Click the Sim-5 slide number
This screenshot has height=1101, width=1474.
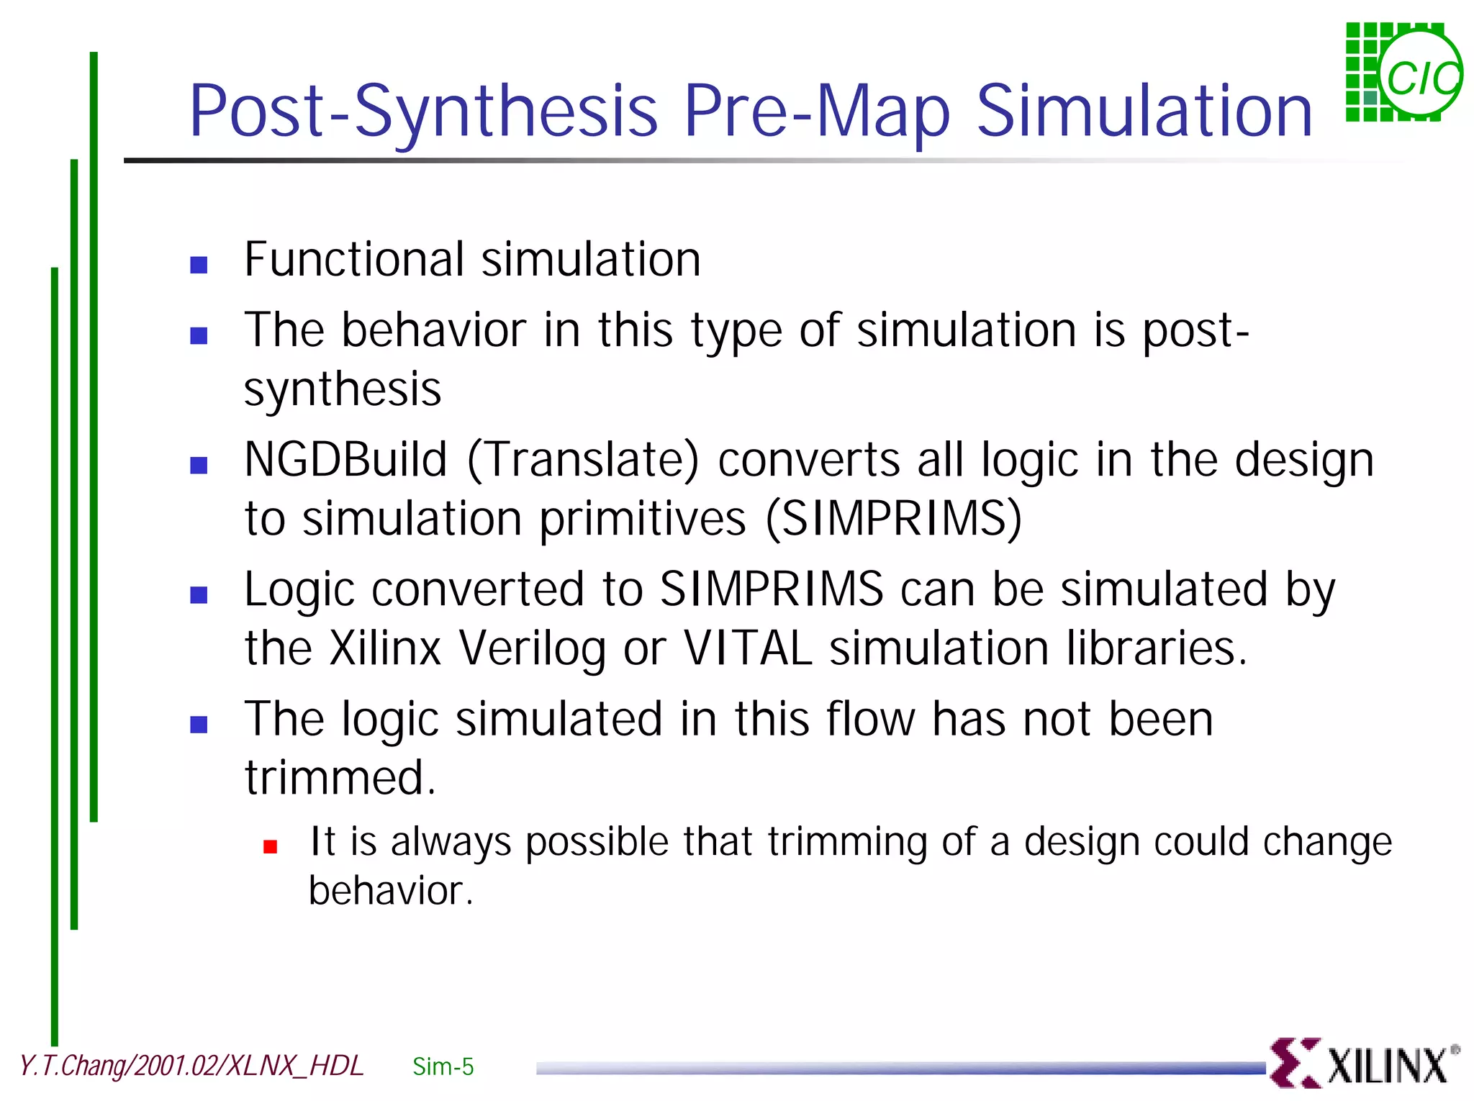pyautogui.click(x=443, y=1066)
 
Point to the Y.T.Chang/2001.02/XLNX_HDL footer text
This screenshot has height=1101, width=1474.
pyautogui.click(x=191, y=1066)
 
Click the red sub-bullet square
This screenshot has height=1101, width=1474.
pyautogui.click(x=271, y=847)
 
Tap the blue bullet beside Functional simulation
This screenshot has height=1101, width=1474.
pyautogui.click(x=199, y=265)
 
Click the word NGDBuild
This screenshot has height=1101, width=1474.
pyautogui.click(x=345, y=461)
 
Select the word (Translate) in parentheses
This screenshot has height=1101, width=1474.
pyautogui.click(x=583, y=461)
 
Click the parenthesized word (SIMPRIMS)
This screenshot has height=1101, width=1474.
pyautogui.click(x=892, y=519)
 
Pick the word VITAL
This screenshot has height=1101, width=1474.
pyautogui.click(x=748, y=648)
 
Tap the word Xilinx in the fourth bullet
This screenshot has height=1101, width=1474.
pyautogui.click(x=385, y=648)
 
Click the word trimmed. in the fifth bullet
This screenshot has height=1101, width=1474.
pyautogui.click(x=340, y=778)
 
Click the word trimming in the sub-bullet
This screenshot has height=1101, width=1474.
pyautogui.click(x=847, y=843)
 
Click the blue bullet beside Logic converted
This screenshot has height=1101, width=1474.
pyautogui.click(x=199, y=595)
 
